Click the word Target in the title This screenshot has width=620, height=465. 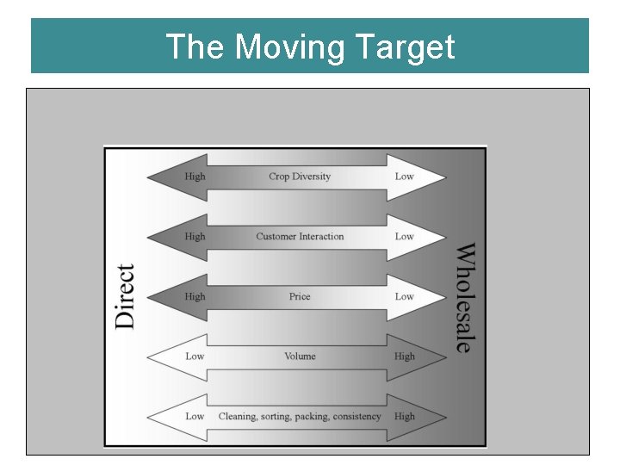click(x=410, y=46)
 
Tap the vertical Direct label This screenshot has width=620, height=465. click(x=125, y=296)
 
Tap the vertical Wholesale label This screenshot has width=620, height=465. click(x=464, y=297)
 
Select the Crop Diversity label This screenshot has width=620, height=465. click(x=300, y=177)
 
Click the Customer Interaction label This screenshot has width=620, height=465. click(x=300, y=236)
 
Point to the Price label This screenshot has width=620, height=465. click(x=300, y=296)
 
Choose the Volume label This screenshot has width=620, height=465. click(x=300, y=356)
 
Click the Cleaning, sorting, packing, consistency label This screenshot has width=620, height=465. click(x=300, y=417)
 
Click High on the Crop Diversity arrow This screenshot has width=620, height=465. click(x=195, y=177)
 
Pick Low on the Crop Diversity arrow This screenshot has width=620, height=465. click(x=404, y=177)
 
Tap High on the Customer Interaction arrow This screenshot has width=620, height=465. click(x=195, y=236)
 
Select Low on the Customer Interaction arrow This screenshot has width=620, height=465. click(x=404, y=236)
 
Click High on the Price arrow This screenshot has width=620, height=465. click(x=195, y=296)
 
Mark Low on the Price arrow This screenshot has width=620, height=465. click(x=404, y=296)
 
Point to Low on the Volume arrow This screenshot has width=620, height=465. click(x=195, y=356)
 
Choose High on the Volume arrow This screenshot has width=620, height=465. click(x=404, y=356)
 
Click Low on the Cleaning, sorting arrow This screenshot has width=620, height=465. click(x=195, y=417)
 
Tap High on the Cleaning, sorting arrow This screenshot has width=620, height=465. click(x=404, y=417)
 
